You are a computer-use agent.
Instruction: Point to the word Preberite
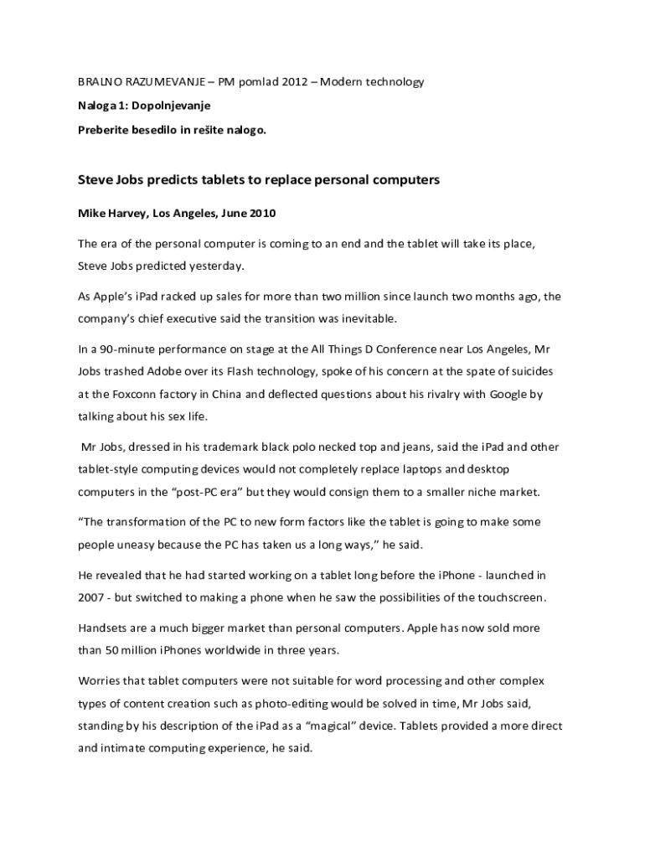[106, 130]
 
